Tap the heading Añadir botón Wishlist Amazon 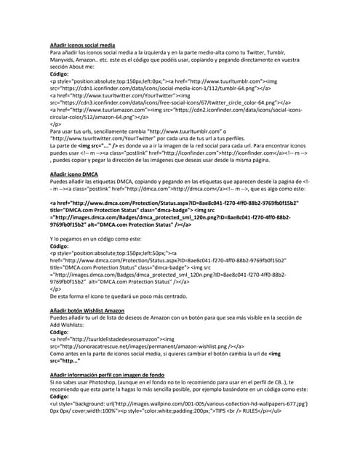pyautogui.click(x=92, y=310)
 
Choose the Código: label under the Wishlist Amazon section pyautogui.click(x=60, y=331)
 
